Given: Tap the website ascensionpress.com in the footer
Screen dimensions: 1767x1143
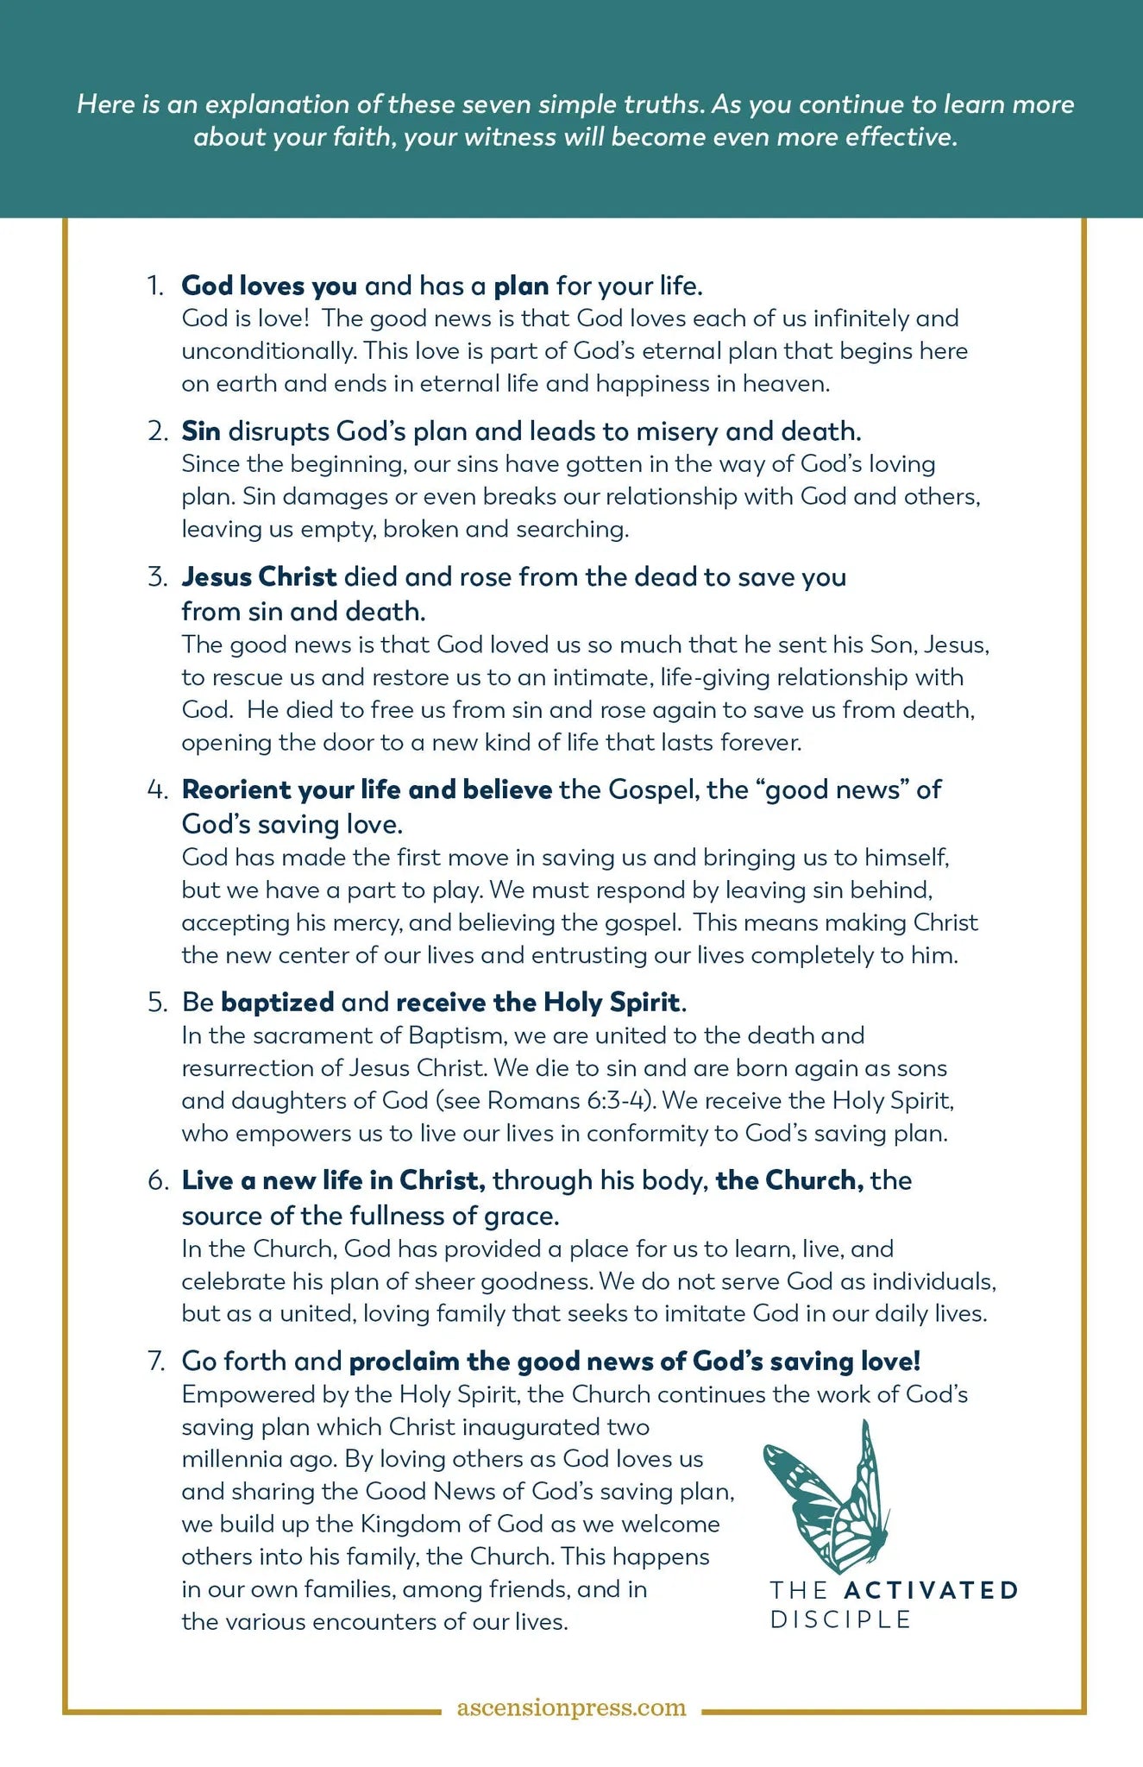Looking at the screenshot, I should pos(571,1707).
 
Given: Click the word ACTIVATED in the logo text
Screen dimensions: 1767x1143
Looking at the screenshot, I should pos(932,1589).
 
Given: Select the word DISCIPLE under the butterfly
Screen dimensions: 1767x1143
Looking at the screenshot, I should pos(840,1619).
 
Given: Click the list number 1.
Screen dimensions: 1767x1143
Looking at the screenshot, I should pos(155,286).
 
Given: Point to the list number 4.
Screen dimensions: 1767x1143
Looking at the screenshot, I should pos(157,789).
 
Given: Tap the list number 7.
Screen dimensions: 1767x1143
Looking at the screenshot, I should pos(156,1361).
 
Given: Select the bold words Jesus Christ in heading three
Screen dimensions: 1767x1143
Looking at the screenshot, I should pos(259,576).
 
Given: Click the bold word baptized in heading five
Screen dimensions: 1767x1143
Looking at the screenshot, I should pos(278,1002).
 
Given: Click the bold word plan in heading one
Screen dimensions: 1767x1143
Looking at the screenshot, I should pos(521,286).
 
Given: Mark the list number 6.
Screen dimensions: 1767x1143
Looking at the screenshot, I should pos(157,1180).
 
